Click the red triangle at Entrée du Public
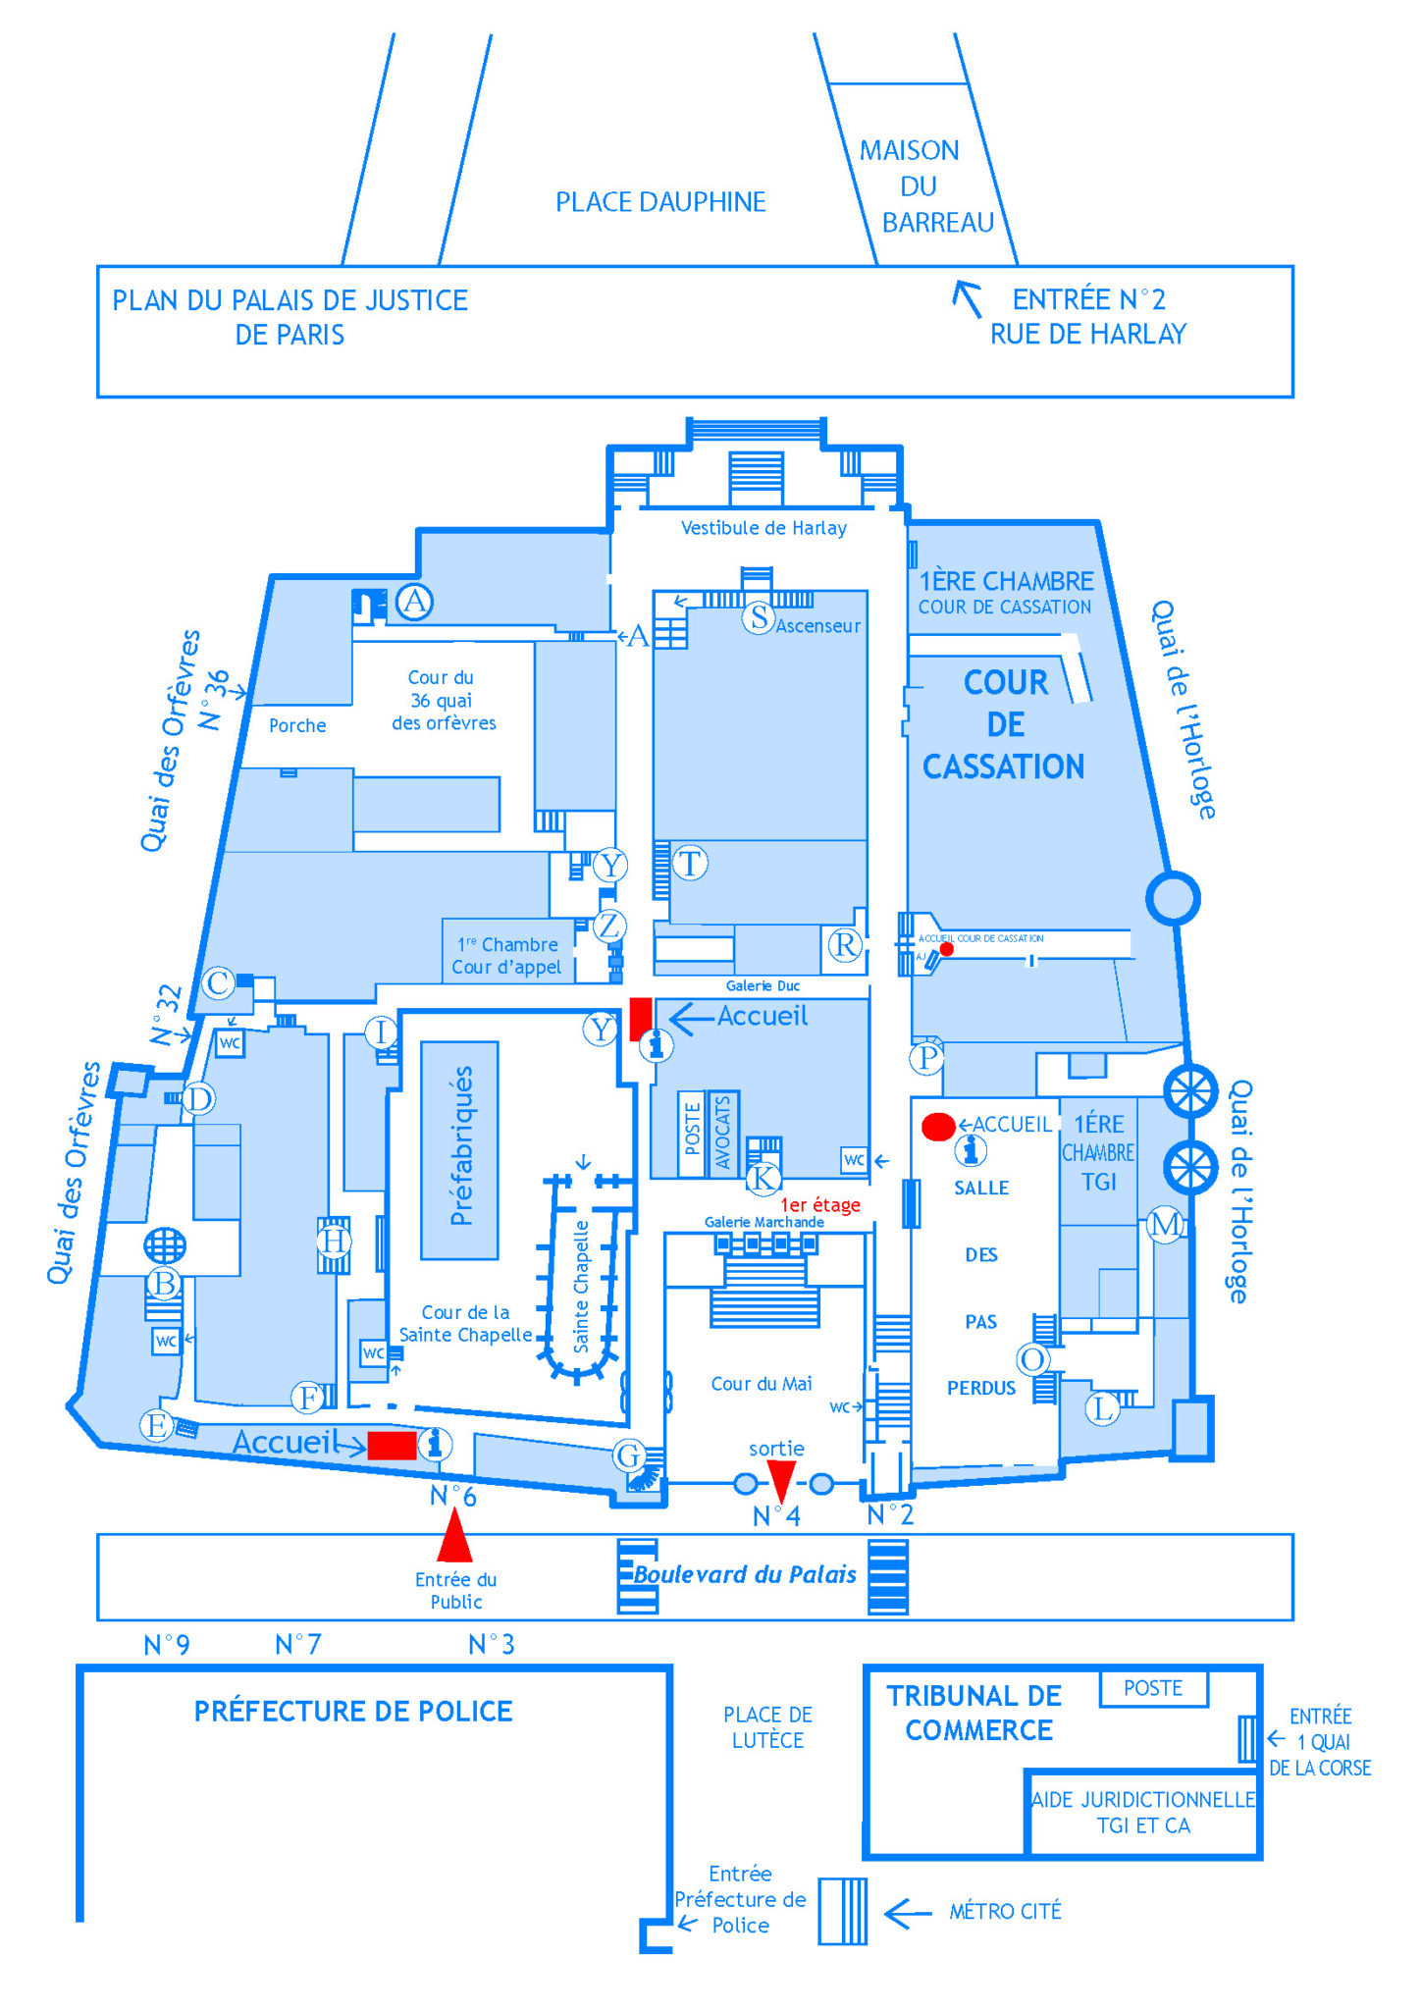[x=454, y=1535]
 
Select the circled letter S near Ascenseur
[x=759, y=617]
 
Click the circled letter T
[x=690, y=863]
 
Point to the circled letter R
[x=845, y=944]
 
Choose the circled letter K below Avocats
[x=763, y=1178]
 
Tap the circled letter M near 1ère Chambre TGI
[x=1165, y=1224]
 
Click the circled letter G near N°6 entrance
[x=629, y=1455]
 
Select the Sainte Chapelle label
[x=581, y=1286]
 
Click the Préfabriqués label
[x=460, y=1145]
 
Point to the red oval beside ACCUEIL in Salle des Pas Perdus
[x=938, y=1127]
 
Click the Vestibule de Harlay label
[x=763, y=528]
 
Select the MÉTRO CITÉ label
[x=1005, y=1911]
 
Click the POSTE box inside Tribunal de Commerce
[x=1153, y=1688]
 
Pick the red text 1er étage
[x=819, y=1204]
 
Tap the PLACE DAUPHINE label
[x=660, y=202]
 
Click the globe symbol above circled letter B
[x=164, y=1245]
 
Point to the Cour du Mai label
[x=761, y=1384]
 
